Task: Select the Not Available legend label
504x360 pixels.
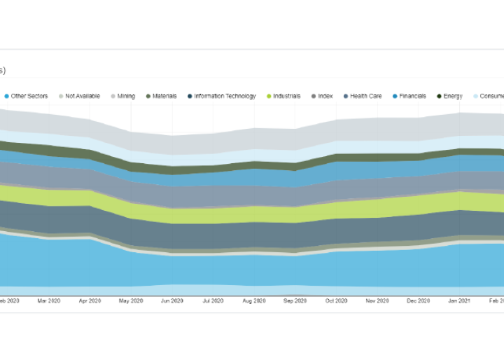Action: [83, 96]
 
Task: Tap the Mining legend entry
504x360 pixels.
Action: [126, 96]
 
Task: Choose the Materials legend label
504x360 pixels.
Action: [164, 96]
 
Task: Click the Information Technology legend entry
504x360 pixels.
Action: [225, 96]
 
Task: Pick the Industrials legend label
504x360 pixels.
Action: [286, 96]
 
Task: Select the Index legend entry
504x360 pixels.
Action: [325, 96]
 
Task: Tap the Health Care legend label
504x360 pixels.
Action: [365, 96]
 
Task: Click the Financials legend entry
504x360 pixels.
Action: [412, 96]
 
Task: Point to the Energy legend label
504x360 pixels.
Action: [453, 96]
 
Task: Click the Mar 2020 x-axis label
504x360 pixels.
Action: [48, 300]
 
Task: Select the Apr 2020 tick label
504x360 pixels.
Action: [90, 300]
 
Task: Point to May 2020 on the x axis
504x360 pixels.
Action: [131, 300]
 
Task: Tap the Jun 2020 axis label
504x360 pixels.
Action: [172, 300]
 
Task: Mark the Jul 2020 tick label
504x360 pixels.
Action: [213, 300]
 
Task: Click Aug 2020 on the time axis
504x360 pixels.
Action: [254, 300]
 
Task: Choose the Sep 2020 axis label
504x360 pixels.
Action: [295, 300]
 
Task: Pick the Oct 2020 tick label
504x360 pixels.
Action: [336, 300]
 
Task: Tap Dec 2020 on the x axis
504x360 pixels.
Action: [419, 300]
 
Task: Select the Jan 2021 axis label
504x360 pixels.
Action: [459, 300]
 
